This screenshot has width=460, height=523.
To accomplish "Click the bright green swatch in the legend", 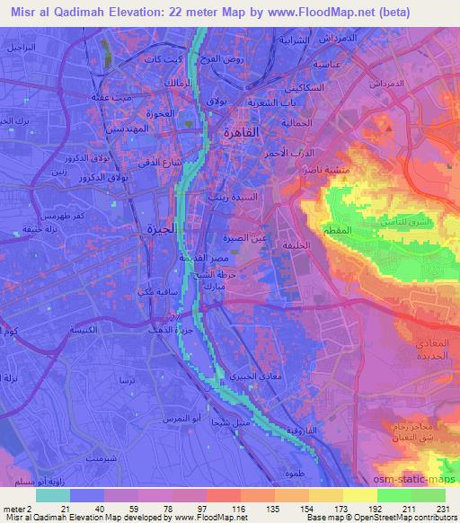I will tap(393, 495).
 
